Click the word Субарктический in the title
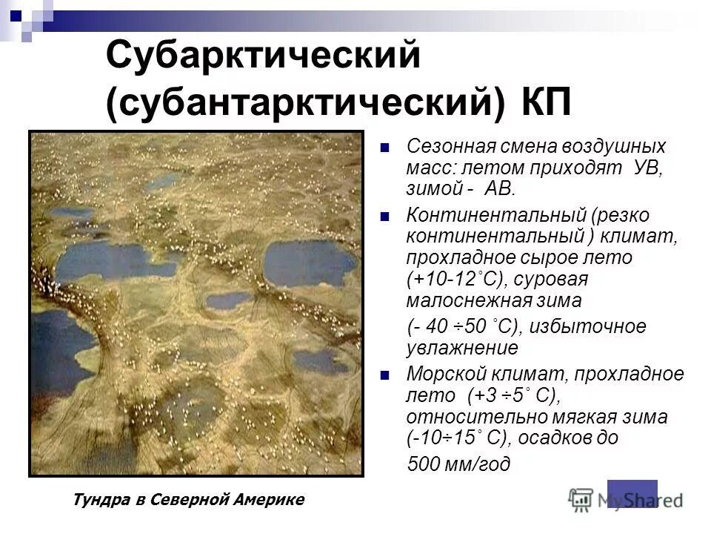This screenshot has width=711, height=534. pos(264,58)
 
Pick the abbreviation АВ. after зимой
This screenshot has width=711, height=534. pos(499,188)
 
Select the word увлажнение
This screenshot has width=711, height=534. pos(463,347)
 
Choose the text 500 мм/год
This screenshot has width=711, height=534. pos(459,465)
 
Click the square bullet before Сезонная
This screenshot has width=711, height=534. pos(384,147)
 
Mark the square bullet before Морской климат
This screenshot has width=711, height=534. pos(384,375)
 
